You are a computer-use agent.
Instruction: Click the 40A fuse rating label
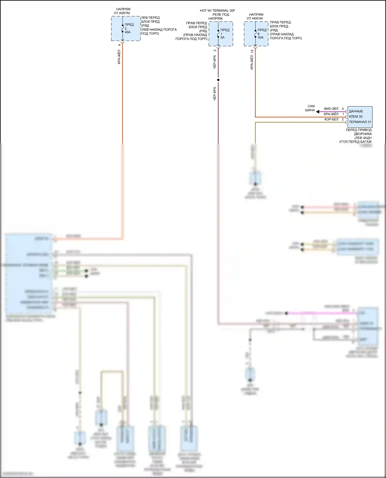tap(128, 32)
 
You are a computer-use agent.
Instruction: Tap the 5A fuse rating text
tap(222, 38)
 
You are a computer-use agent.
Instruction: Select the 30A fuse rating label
tap(260, 38)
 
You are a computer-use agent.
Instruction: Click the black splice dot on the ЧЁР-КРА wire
tap(218, 80)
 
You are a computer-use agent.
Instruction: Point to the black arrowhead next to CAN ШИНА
tap(318, 112)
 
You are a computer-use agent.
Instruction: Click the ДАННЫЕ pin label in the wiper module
tap(356, 111)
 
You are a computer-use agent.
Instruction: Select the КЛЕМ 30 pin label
tap(356, 117)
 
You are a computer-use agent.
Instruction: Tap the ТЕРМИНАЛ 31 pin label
tap(360, 122)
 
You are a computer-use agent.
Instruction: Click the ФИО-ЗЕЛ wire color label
tap(331, 109)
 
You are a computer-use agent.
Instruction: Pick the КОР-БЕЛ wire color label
tap(331, 119)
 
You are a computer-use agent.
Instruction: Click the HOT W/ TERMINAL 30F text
tap(217, 11)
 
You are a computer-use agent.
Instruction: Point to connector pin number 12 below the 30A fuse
tap(252, 51)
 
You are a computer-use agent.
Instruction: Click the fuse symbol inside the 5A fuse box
tap(218, 34)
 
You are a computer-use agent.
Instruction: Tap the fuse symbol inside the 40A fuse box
tap(122, 29)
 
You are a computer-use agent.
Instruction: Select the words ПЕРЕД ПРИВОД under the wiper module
tap(358, 130)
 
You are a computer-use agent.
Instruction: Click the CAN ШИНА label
tap(310, 108)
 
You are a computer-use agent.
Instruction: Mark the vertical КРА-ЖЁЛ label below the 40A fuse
tap(119, 57)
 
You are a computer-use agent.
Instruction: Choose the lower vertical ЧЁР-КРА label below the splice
tap(215, 93)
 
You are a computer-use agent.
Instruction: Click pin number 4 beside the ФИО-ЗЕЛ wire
tap(343, 109)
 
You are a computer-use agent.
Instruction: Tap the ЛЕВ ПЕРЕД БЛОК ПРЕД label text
tap(150, 20)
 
